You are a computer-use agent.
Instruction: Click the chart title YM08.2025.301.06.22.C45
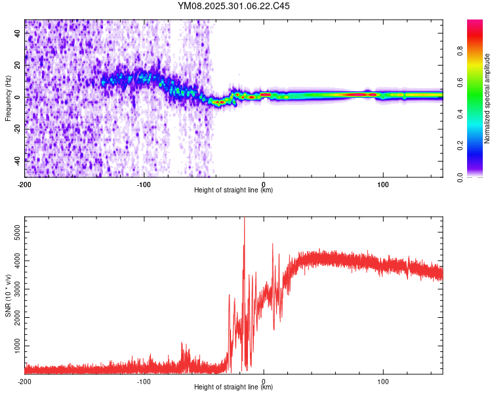click(x=234, y=7)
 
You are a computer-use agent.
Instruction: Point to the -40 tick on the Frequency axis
click(x=18, y=160)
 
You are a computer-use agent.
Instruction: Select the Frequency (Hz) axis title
click(x=8, y=98)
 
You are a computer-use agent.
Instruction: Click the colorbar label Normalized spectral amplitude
click(x=487, y=98)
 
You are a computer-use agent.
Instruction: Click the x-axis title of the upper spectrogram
click(x=234, y=190)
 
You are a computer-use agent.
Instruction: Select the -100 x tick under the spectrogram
click(x=144, y=183)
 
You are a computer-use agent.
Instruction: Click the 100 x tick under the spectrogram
click(x=382, y=183)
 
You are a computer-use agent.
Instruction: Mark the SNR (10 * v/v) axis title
click(x=8, y=295)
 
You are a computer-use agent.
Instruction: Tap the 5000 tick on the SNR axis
click(x=16, y=232)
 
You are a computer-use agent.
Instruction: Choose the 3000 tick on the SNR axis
click(x=16, y=289)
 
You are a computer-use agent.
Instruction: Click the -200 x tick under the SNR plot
click(x=25, y=381)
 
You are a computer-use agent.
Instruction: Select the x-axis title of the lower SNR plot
click(x=234, y=387)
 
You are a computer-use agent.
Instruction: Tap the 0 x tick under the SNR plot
click(x=263, y=381)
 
